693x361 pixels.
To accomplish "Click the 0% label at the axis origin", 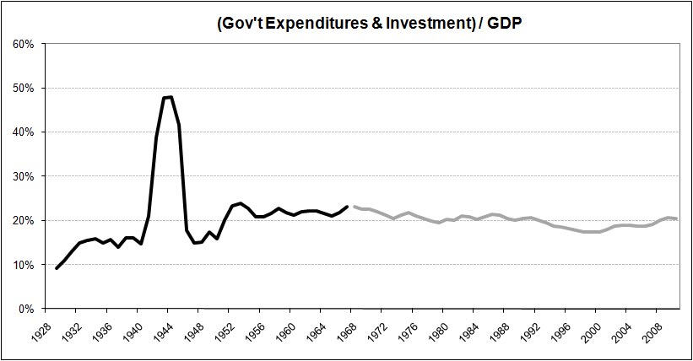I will pos(25,309).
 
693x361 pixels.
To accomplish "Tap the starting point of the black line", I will pos(57,268).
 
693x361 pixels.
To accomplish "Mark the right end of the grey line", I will pos(677,218).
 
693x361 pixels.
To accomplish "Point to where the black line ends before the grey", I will pos(347,207).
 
